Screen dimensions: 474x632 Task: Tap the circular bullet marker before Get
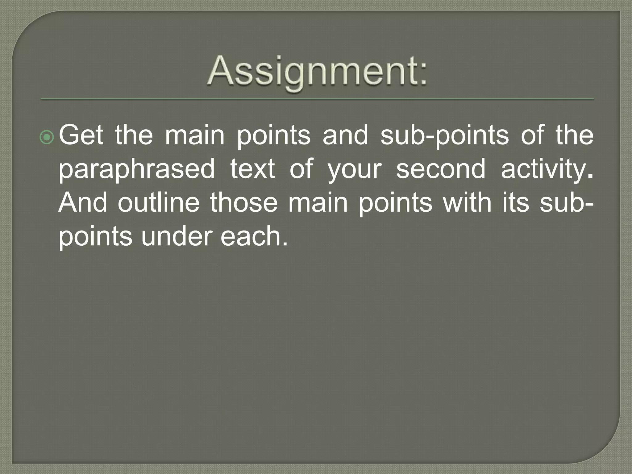[47, 137]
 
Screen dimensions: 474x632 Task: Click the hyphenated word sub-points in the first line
[444, 136]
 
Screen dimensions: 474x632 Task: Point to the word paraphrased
[136, 170]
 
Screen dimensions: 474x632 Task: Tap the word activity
[546, 170]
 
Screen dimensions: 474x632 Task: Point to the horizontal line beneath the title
[317, 99]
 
